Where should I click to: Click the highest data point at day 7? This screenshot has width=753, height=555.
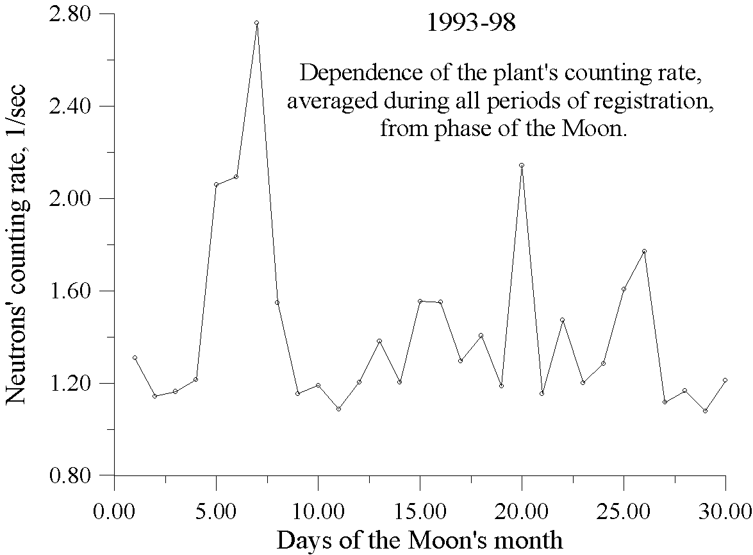point(256,23)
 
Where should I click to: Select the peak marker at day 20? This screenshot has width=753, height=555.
point(522,165)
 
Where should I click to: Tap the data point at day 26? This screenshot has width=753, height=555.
point(644,251)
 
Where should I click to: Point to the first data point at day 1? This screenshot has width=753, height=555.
point(135,357)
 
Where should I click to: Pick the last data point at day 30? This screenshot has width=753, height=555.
point(725,380)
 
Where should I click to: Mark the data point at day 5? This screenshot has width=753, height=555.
point(216,185)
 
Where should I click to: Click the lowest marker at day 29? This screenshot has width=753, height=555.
point(705,411)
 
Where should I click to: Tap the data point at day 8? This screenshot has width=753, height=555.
point(277,302)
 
